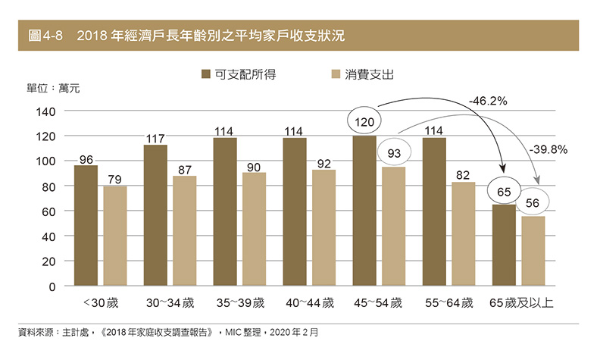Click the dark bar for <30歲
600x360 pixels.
[x=86, y=226]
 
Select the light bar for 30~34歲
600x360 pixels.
[x=184, y=231]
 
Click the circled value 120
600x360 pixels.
[x=364, y=121]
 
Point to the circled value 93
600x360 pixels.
[x=393, y=153]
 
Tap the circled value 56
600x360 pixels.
[x=534, y=202]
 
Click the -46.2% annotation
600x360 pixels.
[x=488, y=100]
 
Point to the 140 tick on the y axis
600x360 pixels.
[x=45, y=111]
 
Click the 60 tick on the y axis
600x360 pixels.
[x=48, y=211]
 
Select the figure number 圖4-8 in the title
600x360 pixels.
[x=45, y=36]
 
